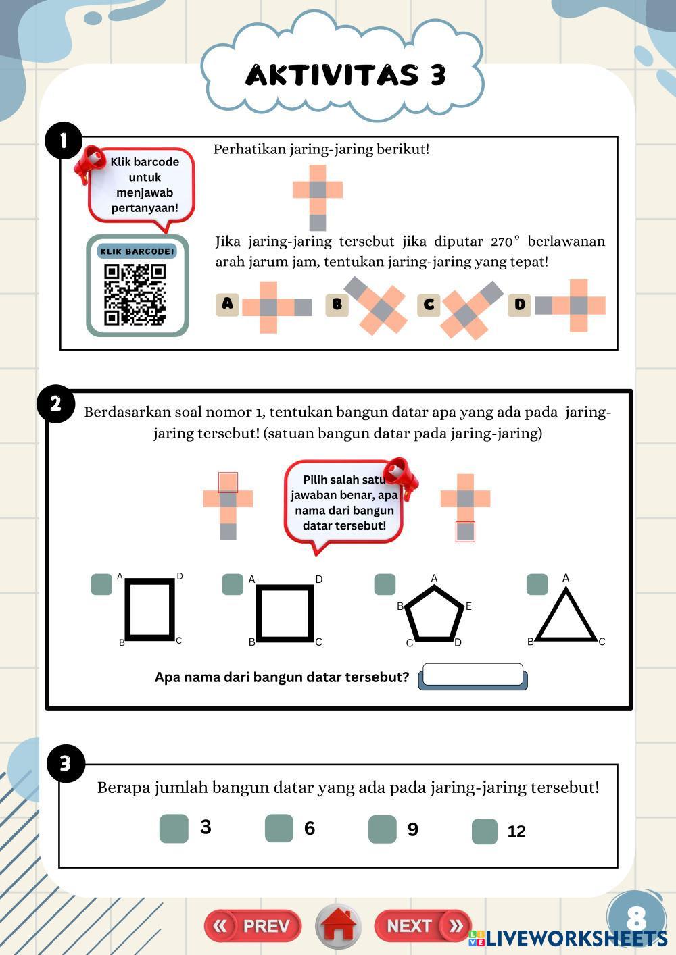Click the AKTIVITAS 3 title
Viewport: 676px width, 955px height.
tap(345, 75)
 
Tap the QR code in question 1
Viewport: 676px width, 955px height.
tap(135, 294)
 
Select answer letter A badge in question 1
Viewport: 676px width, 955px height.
tap(227, 305)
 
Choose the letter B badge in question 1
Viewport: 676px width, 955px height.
tap(337, 305)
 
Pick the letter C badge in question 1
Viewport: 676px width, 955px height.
tap(429, 305)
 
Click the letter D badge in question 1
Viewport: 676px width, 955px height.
tap(519, 305)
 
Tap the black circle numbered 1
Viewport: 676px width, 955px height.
tap(64, 140)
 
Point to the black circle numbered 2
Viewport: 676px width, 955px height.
tap(55, 404)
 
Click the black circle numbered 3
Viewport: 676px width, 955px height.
tap(66, 764)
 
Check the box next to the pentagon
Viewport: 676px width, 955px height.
tap(385, 584)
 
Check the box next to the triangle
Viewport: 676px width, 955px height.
tap(537, 584)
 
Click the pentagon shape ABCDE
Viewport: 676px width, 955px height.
tap(435, 614)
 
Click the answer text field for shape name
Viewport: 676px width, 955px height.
tap(472, 675)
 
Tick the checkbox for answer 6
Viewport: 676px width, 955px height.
tap(279, 828)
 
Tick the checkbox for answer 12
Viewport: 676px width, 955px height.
tap(484, 831)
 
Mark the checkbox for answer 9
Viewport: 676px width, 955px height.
tap(382, 829)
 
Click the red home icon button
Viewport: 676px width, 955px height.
tap(339, 926)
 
